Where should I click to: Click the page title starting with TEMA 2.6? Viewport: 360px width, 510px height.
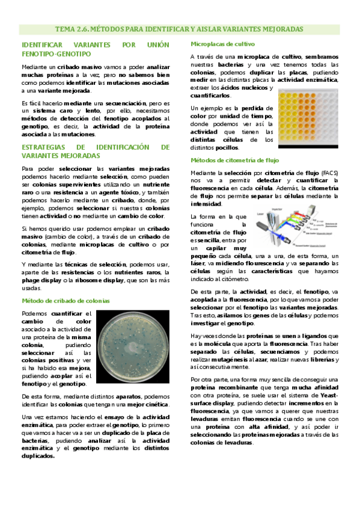179,29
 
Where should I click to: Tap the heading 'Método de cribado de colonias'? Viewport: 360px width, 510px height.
66,300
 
